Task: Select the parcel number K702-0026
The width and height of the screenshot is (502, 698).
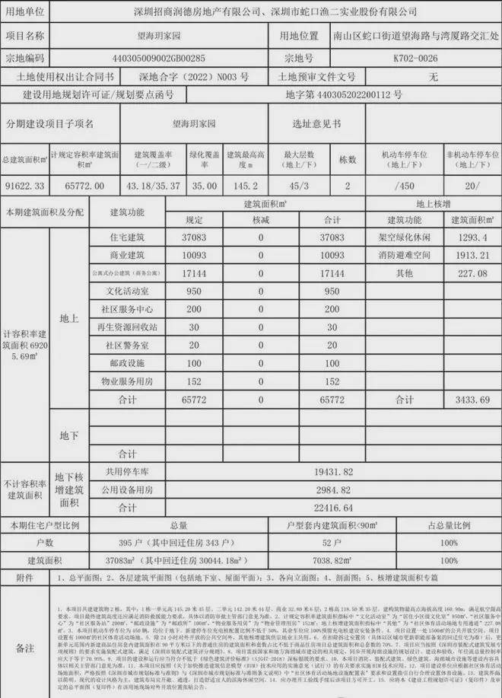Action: pyautogui.click(x=415, y=57)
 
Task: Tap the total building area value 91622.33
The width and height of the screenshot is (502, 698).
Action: pyautogui.click(x=24, y=186)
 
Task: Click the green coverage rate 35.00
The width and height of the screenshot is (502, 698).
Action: pyautogui.click(x=204, y=186)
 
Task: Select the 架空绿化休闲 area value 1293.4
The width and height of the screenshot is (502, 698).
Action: pyautogui.click(x=458, y=237)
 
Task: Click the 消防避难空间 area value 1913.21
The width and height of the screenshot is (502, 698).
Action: pyautogui.click(x=458, y=255)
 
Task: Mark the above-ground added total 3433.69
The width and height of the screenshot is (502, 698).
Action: pyautogui.click(x=458, y=400)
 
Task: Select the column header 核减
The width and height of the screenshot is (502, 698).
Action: pyautogui.click(x=261, y=220)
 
